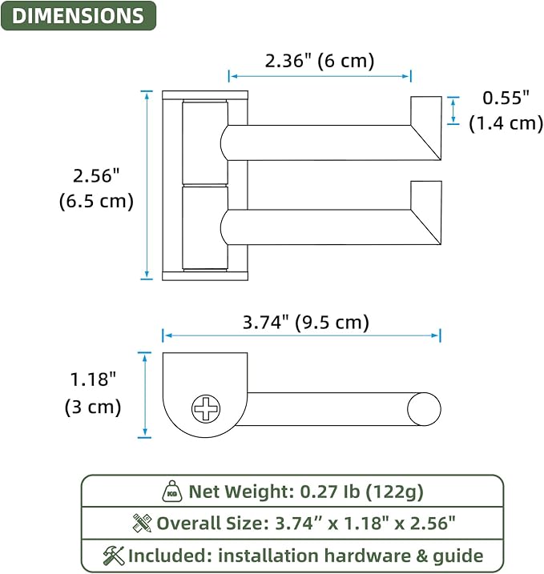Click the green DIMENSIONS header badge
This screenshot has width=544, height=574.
pyautogui.click(x=79, y=16)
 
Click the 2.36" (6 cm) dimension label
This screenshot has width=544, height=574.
pyautogui.click(x=320, y=61)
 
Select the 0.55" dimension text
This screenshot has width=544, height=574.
pyautogui.click(x=506, y=98)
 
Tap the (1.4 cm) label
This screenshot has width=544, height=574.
pyautogui.click(x=506, y=123)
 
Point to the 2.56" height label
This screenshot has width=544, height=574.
pyautogui.click(x=96, y=175)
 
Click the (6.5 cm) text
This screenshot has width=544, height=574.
pyautogui.click(x=96, y=201)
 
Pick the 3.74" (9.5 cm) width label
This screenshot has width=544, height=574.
pyautogui.click(x=306, y=323)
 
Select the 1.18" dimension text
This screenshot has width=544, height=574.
pyautogui.click(x=93, y=379)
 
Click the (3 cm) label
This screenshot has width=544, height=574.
pyautogui.click(x=93, y=407)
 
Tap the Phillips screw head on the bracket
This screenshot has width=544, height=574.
pyautogui.click(x=206, y=408)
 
